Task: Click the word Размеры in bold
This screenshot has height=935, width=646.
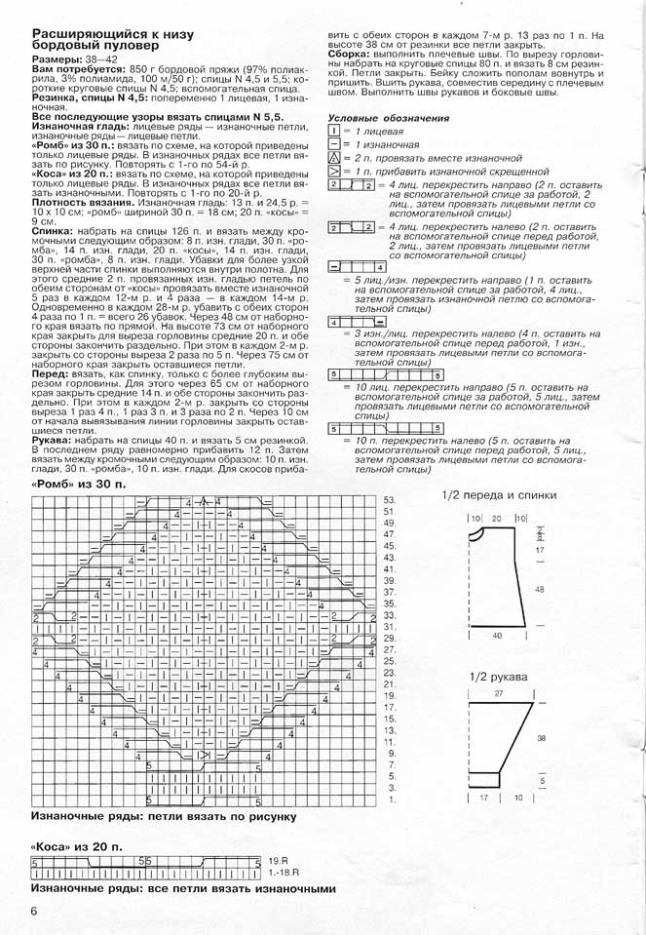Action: click(x=57, y=60)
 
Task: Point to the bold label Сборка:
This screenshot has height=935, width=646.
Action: click(x=348, y=53)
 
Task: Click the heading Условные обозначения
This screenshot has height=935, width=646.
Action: click(x=388, y=117)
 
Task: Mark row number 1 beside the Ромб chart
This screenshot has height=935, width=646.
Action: click(x=391, y=799)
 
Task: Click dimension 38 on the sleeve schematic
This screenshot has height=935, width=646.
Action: click(x=541, y=738)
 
